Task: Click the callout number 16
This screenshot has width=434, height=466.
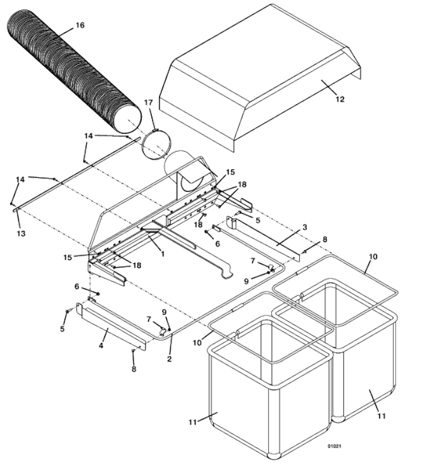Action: pyautogui.click(x=79, y=25)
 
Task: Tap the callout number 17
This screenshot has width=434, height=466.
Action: pyautogui.click(x=148, y=103)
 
